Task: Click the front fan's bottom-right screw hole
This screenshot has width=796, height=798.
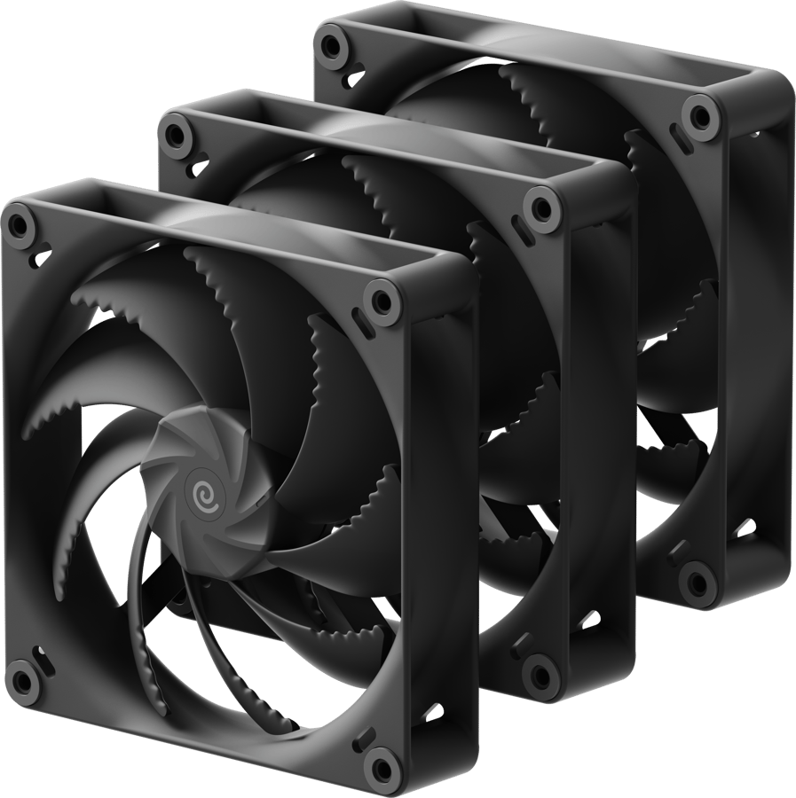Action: click(383, 762)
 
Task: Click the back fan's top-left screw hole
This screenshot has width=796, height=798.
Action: click(331, 42)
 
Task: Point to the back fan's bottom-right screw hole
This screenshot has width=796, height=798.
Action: click(697, 582)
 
